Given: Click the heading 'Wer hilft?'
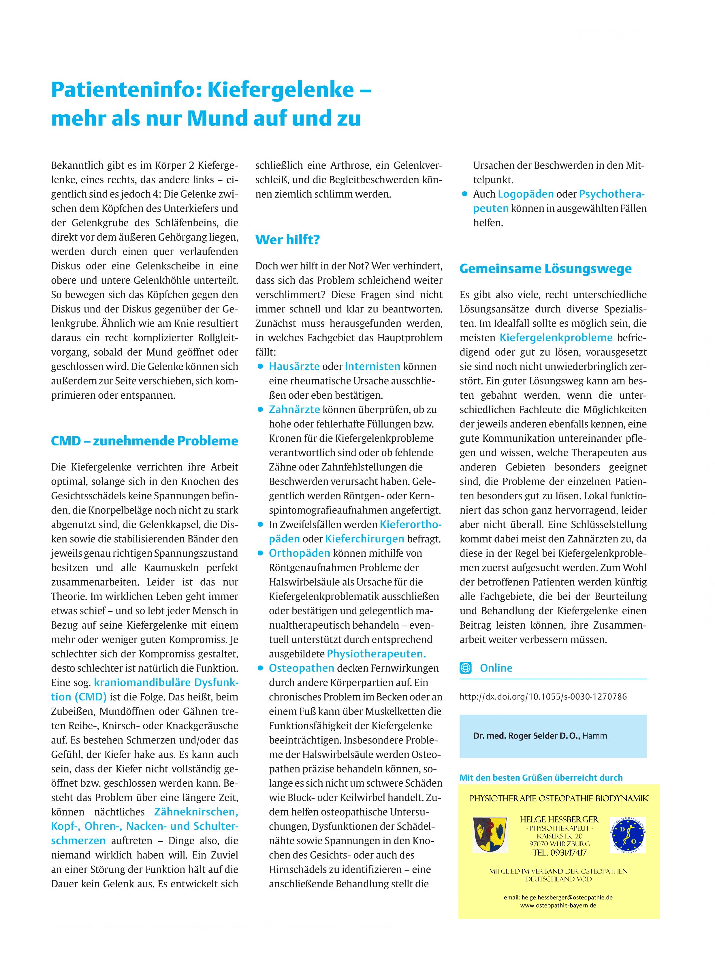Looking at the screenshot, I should (x=287, y=239).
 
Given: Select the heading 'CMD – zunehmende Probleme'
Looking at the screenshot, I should (x=144, y=441).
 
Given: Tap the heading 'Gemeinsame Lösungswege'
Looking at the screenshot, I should (x=545, y=268).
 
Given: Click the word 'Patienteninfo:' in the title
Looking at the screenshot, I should (x=126, y=90).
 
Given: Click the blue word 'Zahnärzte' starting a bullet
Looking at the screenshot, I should (x=294, y=409).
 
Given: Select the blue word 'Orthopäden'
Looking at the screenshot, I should (x=300, y=553).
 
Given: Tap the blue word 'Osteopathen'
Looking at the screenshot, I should (x=301, y=668).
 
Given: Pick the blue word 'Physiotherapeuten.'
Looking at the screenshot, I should (x=376, y=653).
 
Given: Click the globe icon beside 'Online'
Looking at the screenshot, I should (x=465, y=668).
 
